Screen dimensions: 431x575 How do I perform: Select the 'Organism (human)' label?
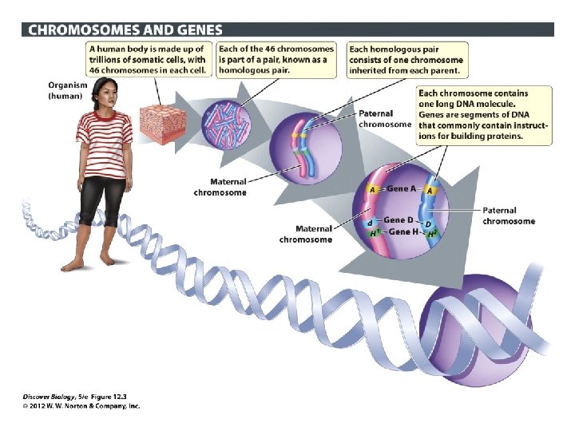coord(68,89)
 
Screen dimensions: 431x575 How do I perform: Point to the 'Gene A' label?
coord(402,189)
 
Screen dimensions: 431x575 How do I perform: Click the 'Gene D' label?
coord(399,220)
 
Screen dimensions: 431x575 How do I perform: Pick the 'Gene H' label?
coord(402,231)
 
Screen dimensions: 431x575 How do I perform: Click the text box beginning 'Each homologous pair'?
coord(407,59)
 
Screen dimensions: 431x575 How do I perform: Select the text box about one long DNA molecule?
coord(484,115)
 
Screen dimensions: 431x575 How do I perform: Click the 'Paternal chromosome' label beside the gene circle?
coord(509,215)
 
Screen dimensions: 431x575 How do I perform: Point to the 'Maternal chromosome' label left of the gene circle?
coord(306,234)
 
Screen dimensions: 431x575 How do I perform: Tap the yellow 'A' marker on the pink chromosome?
coord(372,190)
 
